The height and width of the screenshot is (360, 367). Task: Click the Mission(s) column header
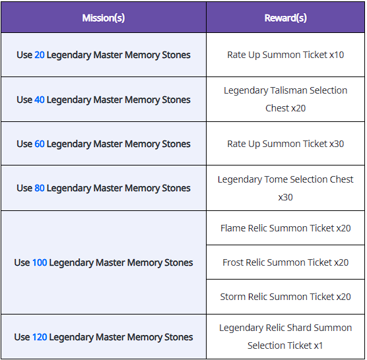pos(104,18)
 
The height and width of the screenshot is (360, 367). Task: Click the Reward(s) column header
pos(286,18)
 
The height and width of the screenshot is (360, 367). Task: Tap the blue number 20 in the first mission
pos(40,55)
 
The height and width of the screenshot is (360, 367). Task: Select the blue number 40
pos(40,100)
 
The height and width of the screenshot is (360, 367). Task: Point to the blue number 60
pos(40,144)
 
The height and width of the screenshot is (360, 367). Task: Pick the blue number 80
pos(40,188)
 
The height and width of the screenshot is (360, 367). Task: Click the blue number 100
pos(40,263)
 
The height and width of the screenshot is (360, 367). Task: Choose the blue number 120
pos(40,337)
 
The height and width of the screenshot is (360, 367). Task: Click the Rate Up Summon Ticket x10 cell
pos(286,55)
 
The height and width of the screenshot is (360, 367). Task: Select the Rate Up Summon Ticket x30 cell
pos(286,144)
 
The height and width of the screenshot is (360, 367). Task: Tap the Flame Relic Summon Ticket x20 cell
pos(286,228)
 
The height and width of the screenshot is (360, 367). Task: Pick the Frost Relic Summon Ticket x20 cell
pos(286,262)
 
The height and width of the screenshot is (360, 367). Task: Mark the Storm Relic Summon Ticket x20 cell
pos(286,297)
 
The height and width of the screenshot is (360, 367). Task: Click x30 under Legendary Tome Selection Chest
pos(286,198)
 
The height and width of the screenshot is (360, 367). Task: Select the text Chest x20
pos(286,108)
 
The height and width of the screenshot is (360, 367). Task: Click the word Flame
pos(233,228)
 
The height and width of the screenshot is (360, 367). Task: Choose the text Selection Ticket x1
pos(285,345)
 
